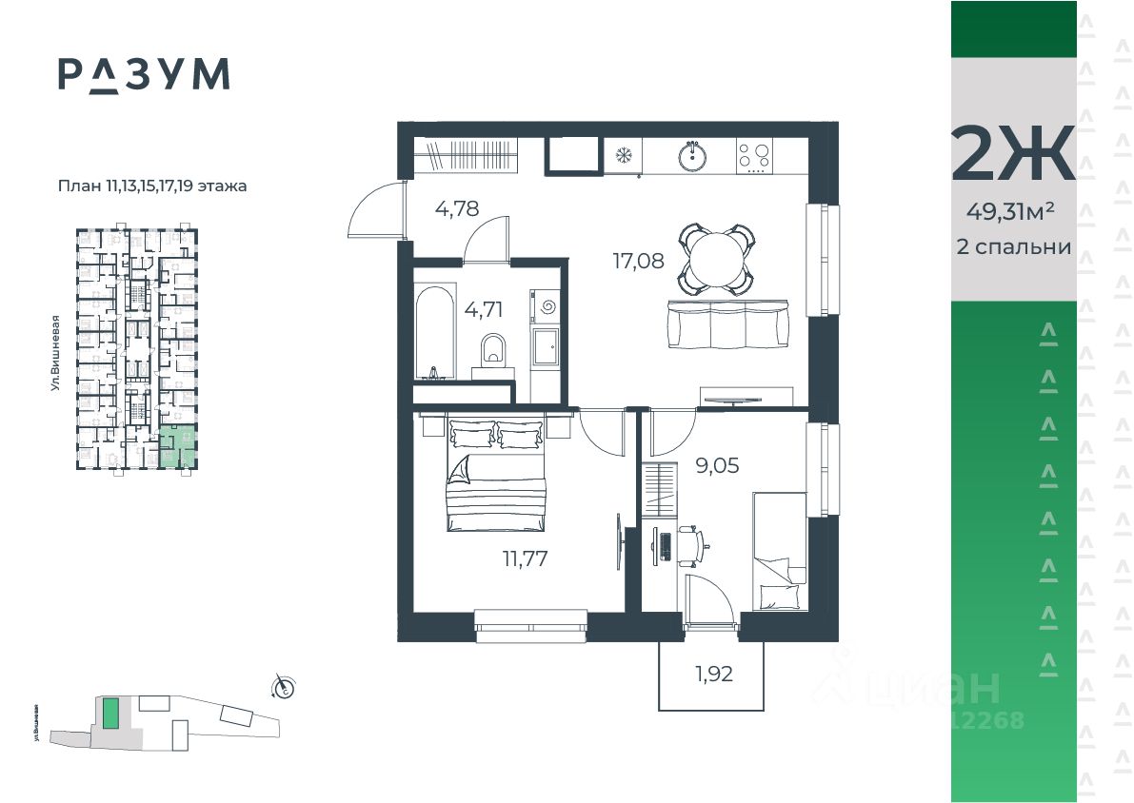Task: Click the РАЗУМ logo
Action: [144, 74]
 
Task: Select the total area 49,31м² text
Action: [1013, 211]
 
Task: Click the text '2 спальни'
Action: [1013, 246]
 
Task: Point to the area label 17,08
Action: [638, 260]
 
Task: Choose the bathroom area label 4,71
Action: [483, 308]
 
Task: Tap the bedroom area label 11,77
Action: [525, 558]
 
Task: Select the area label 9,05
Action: [717, 465]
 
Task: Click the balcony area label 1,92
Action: [713, 675]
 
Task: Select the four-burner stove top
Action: [755, 156]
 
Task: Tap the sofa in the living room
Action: [729, 323]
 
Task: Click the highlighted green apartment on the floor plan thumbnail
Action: [178, 448]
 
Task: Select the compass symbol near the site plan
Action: [282, 685]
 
